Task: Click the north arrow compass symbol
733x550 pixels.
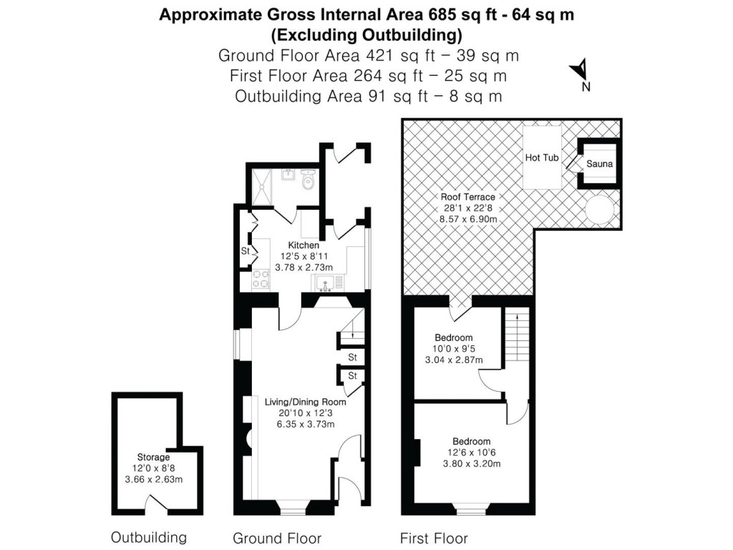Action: [x=581, y=72]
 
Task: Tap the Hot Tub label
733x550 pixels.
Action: [x=541, y=158]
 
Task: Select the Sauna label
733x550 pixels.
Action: [x=599, y=164]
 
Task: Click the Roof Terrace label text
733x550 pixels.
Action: [x=468, y=197]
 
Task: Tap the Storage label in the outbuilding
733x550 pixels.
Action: [x=153, y=457]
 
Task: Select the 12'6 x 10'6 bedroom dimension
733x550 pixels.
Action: [x=471, y=453]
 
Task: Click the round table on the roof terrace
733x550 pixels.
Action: [x=599, y=208]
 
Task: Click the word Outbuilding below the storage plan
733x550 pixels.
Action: [x=148, y=537]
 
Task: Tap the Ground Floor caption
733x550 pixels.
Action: [x=277, y=538]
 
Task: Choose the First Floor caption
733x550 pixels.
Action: [x=433, y=538]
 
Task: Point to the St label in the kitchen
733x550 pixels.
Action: [x=244, y=251]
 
